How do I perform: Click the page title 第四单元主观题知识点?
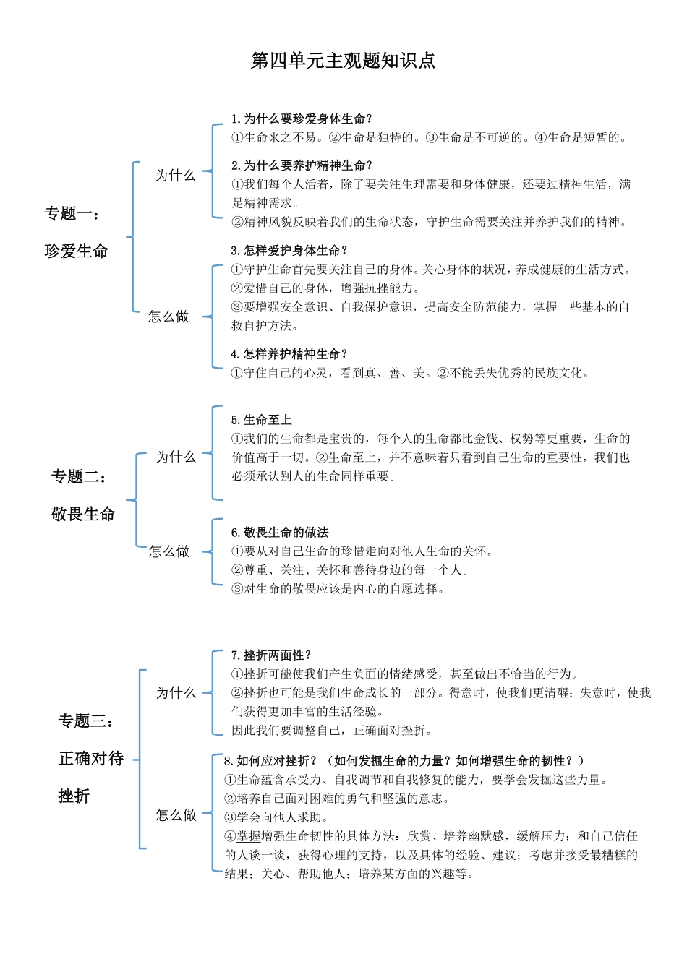343,61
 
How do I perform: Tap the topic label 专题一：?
73,214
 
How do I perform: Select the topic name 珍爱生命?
77,251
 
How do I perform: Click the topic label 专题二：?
80,477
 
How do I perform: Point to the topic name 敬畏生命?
83,515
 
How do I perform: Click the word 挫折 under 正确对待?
74,796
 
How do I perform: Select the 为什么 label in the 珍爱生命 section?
176,176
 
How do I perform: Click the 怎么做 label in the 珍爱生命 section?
168,317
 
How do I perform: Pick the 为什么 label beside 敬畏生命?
176,457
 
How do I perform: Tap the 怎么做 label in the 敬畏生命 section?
168,551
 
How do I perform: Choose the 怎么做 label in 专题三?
176,815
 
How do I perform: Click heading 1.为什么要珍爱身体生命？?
302,119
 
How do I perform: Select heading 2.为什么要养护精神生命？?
302,165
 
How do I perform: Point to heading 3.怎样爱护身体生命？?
289,251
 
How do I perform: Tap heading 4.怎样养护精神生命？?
289,354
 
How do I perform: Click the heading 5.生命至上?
261,420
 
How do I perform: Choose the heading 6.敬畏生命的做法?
280,533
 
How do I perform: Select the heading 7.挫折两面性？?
271,655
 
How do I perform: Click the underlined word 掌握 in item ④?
249,836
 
